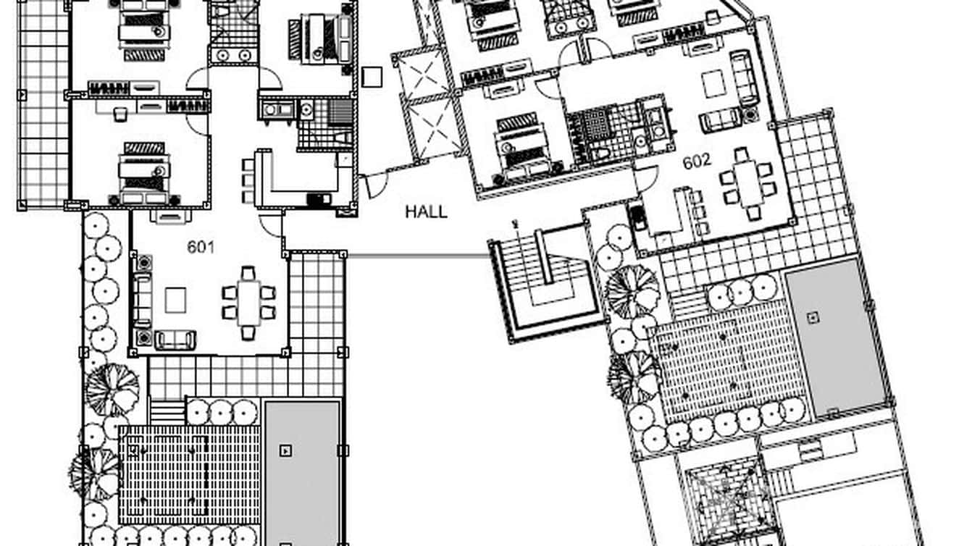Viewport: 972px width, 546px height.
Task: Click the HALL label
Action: coord(426,212)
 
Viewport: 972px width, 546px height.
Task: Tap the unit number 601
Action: coord(201,247)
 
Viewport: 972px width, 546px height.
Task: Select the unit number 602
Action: coord(697,161)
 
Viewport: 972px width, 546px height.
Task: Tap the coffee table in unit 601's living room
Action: coord(176,300)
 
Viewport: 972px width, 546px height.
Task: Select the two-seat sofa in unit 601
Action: coord(175,340)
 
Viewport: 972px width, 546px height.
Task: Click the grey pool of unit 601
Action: coord(303,473)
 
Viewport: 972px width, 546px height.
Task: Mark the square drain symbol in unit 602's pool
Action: coord(813,318)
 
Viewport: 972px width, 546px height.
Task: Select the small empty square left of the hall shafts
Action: coord(372,77)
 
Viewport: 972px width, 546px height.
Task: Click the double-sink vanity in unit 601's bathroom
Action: coord(233,56)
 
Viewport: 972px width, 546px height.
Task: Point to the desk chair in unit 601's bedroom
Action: coord(120,114)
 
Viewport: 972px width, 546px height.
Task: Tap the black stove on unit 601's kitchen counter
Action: coord(318,199)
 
